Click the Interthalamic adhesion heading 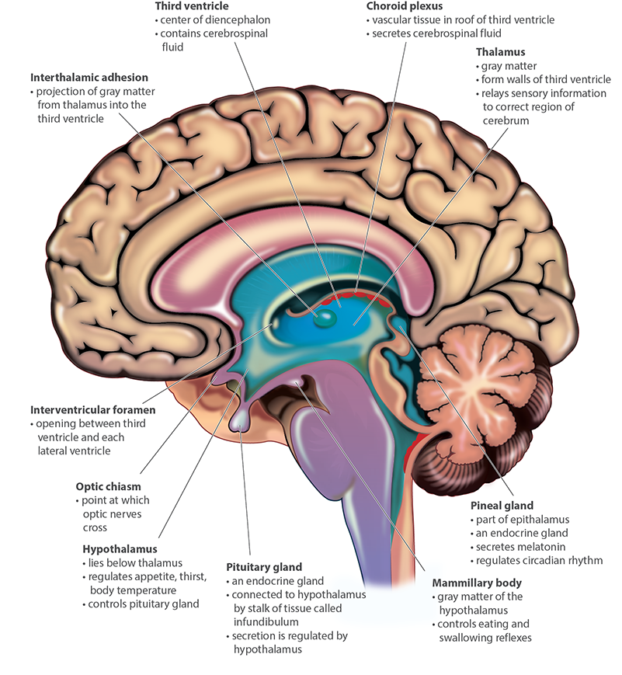click(89, 78)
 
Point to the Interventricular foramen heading click(92, 409)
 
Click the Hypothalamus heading click(118, 548)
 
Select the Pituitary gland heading click(264, 567)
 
